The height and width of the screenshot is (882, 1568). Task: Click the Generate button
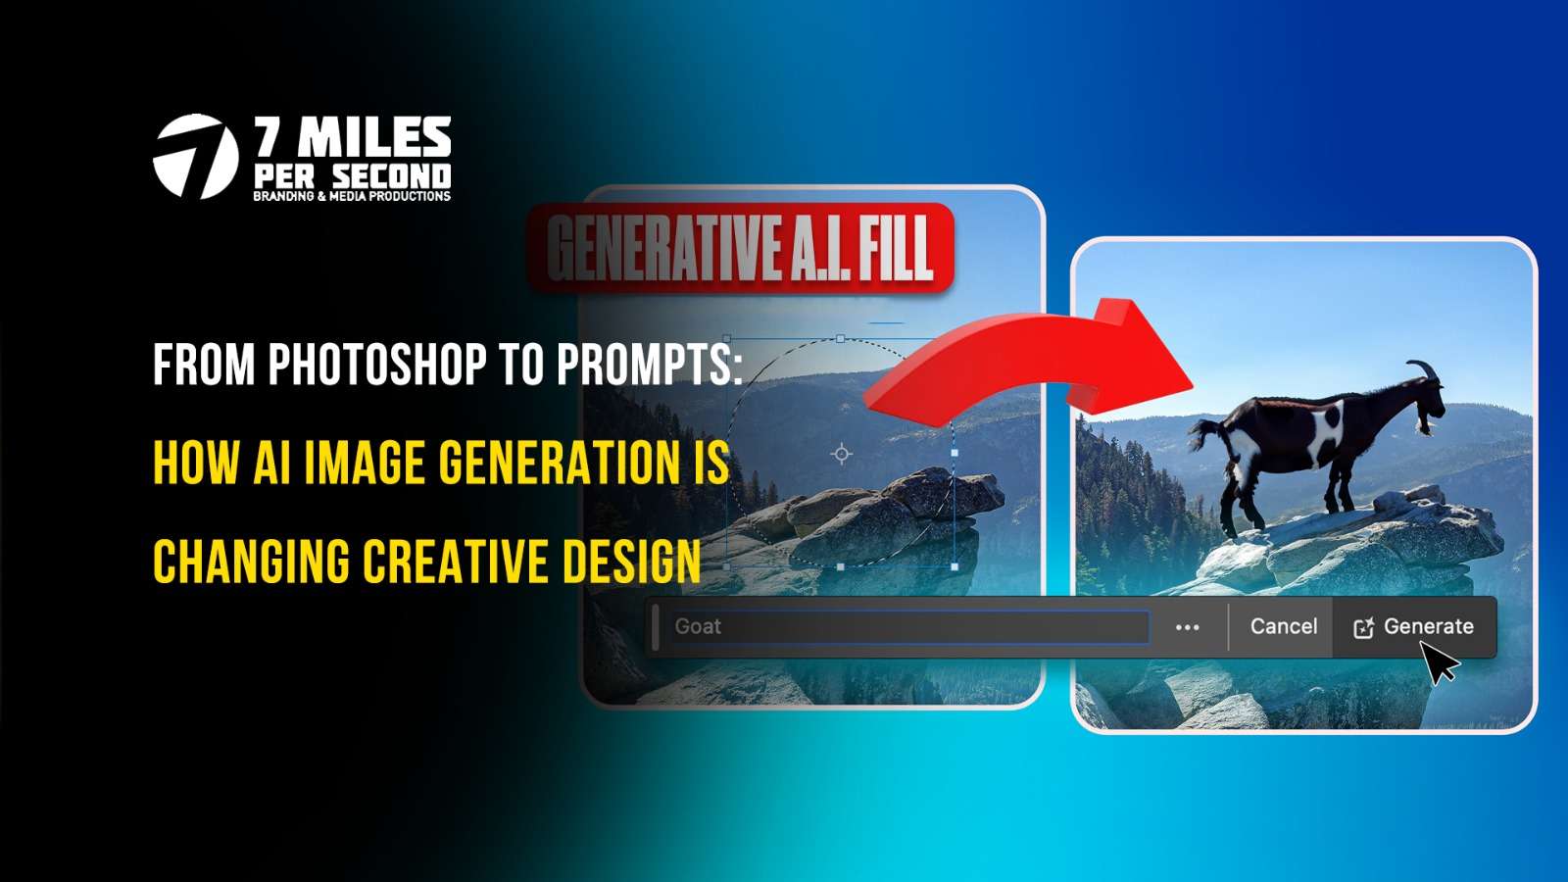click(x=1413, y=627)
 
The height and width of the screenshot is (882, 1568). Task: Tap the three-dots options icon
click(x=1187, y=627)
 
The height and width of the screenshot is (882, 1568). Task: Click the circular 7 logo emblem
click(x=196, y=157)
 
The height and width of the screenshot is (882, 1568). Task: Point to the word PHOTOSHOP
click(x=377, y=366)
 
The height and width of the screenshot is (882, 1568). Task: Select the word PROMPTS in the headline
click(x=649, y=366)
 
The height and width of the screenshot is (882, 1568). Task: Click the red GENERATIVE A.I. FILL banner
click(x=740, y=247)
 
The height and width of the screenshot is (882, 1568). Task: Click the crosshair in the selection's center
click(x=841, y=454)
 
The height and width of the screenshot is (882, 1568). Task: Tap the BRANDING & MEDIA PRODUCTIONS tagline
click(x=352, y=196)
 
